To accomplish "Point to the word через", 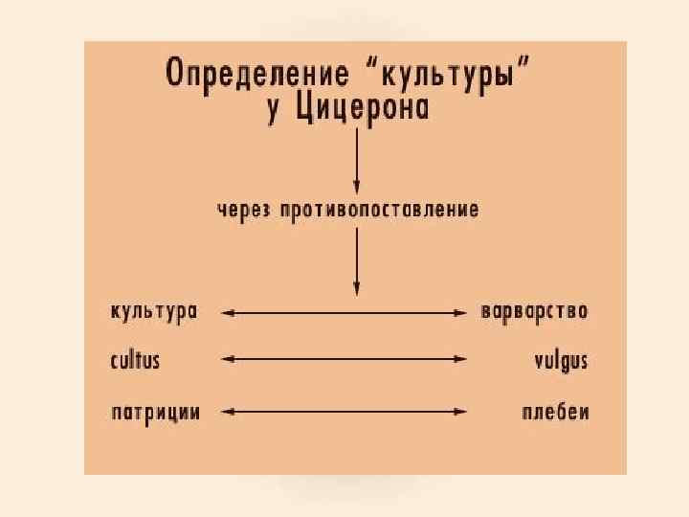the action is click(x=243, y=209).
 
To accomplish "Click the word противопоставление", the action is click(x=379, y=210).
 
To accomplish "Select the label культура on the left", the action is click(x=154, y=312).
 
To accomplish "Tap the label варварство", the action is click(x=534, y=312).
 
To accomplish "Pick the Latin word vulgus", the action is click(x=561, y=362).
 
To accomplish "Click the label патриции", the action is click(x=155, y=413).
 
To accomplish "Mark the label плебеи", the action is click(x=556, y=413).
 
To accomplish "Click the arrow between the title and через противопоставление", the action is click(x=357, y=160).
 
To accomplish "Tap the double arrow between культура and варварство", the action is click(x=344, y=311).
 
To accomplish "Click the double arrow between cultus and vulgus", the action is click(x=344, y=359).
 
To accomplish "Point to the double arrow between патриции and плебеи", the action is click(x=344, y=412).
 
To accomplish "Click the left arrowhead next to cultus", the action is click(x=227, y=359).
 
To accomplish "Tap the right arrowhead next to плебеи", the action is click(x=461, y=412).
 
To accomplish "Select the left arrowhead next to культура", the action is click(x=227, y=311).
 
